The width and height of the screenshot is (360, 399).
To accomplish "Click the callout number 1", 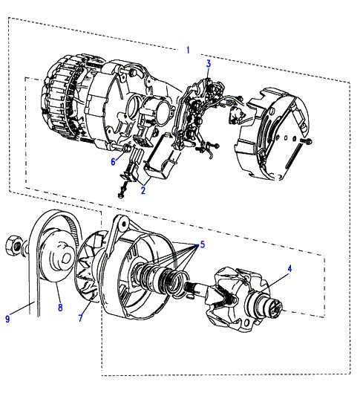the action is point(188,50).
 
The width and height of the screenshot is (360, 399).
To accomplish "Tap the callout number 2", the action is point(143,190).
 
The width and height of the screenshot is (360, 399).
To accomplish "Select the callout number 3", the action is point(209,64).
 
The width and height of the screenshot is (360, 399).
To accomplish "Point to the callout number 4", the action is point(289,268).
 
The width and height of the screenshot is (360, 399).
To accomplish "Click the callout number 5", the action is point(203,244).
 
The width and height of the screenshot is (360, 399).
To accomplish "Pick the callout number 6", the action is point(114,161).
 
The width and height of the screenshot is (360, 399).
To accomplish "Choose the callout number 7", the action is point(81,318).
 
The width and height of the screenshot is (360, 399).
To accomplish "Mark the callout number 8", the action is point(60,308).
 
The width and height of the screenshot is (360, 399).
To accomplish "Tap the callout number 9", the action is point(7,319).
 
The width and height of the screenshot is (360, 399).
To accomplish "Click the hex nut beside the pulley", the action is point(13,245).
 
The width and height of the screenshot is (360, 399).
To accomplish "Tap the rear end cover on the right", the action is point(272,134).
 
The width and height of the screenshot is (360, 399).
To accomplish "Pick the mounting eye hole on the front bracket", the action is point(124,224).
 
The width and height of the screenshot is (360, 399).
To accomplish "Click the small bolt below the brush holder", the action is point(122,192).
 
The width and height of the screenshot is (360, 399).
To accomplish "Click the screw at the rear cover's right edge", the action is point(307,140).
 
